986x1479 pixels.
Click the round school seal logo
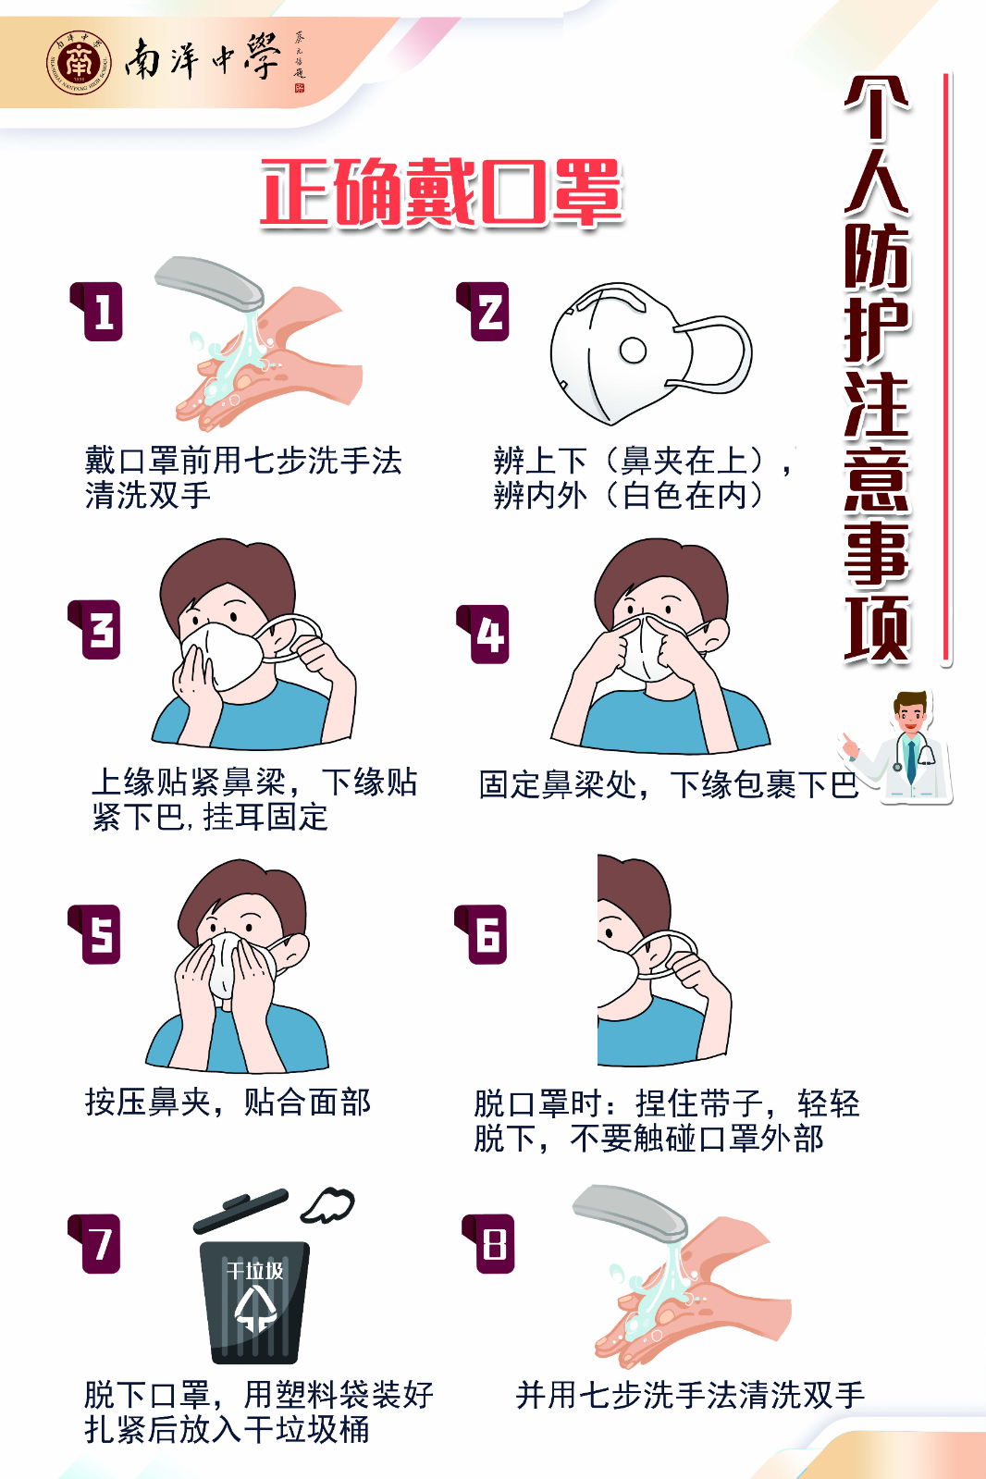pos(79,63)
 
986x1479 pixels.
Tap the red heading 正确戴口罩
pos(441,191)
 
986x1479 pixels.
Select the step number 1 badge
pos(97,311)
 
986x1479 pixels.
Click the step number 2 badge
pos(484,311)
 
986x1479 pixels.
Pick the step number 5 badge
pos(95,933)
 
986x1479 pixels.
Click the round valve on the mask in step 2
pos(633,350)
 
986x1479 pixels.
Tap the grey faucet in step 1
pos(209,283)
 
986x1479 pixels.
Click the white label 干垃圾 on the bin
pos(255,1270)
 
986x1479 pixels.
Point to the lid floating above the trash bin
pos(241,1211)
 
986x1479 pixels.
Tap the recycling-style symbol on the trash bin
pos(255,1310)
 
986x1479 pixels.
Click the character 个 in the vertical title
pos(877,107)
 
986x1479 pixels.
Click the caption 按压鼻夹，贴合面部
pos(228,1102)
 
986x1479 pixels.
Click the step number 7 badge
pos(95,1243)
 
